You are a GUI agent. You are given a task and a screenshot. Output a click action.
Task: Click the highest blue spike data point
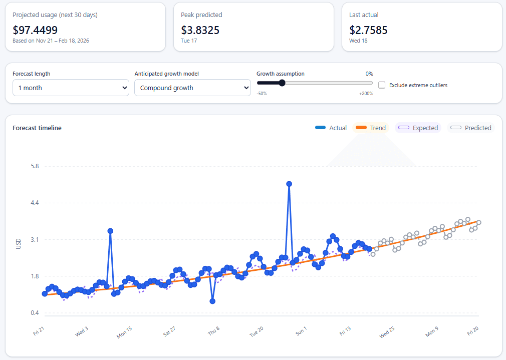[289, 184]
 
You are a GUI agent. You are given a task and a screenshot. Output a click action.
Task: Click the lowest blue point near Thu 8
[212, 301]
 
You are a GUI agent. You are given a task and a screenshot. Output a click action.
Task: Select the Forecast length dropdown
[71, 88]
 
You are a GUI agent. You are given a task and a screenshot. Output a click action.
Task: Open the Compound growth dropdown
[192, 88]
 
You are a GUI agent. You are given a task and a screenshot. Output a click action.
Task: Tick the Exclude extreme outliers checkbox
[382, 85]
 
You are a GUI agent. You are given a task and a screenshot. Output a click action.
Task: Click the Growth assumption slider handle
[282, 83]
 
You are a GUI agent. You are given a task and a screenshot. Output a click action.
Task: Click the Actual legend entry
[331, 128]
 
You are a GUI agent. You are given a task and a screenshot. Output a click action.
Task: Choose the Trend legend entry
[371, 128]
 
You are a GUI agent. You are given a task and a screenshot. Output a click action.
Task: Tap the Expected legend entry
[418, 128]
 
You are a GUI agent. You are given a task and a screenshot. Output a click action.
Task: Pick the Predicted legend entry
[471, 128]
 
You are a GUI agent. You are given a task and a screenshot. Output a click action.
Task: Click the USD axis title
[19, 244]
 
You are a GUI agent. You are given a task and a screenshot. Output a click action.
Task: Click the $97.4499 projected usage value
[35, 30]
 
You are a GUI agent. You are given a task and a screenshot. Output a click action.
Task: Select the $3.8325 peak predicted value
[200, 30]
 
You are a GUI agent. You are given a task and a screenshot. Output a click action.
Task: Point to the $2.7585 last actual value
[368, 30]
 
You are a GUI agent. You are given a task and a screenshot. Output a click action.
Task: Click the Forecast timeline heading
[37, 128]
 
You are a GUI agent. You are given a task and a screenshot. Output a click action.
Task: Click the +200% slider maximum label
[366, 94]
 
